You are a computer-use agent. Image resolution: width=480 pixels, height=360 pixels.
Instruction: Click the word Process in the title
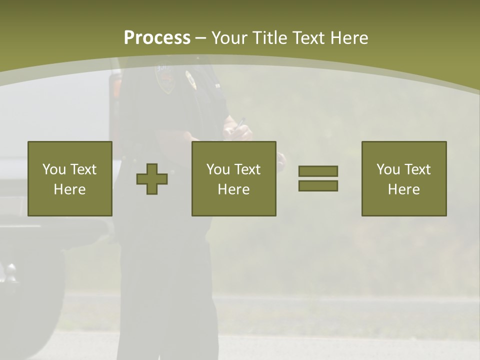[x=157, y=38]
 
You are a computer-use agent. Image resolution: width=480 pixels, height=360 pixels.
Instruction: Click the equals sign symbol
[x=318, y=178]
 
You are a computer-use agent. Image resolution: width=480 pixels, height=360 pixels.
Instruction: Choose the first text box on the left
[x=69, y=178]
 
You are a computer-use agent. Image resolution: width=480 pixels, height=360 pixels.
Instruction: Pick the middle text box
[x=233, y=178]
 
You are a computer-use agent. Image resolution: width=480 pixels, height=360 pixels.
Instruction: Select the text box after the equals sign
[x=403, y=178]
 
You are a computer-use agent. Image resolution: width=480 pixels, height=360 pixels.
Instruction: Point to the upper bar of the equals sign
[x=318, y=171]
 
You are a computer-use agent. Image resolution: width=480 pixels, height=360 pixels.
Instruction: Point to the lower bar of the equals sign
[x=318, y=185]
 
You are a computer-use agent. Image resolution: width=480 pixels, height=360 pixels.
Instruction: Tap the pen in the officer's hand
[x=240, y=122]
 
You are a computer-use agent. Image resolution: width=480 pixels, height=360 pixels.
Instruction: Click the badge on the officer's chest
[x=190, y=79]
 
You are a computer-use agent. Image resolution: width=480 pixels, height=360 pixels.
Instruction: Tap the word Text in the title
[x=308, y=38]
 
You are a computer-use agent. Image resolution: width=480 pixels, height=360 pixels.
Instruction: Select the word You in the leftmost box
[x=54, y=169]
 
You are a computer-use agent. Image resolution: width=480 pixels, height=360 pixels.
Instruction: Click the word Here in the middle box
[x=233, y=189]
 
